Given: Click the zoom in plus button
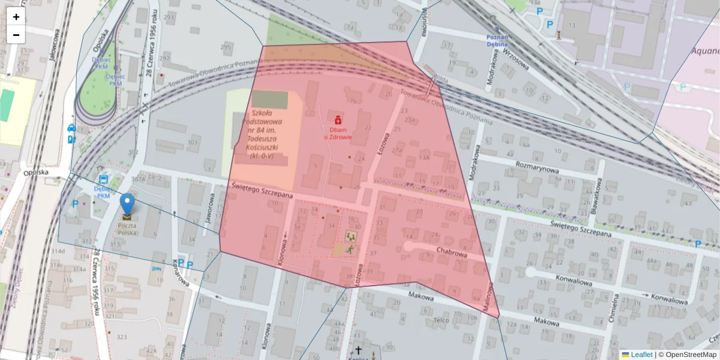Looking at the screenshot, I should tap(16, 17).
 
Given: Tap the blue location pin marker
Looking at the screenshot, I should tap(127, 205).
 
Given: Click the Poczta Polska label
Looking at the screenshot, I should tap(127, 229).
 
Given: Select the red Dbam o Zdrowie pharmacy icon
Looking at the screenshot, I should tap(338, 121).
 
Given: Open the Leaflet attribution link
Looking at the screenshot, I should tap(641, 355).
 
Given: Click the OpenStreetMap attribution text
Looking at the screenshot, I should tap(690, 355).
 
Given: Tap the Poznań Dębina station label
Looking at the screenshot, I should tap(497, 40).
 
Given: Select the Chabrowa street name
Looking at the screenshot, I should tap(451, 252).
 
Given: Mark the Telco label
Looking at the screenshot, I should tap(442, 320).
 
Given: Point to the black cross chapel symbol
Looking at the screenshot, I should tap(358, 350).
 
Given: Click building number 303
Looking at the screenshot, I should tap(193, 142).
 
